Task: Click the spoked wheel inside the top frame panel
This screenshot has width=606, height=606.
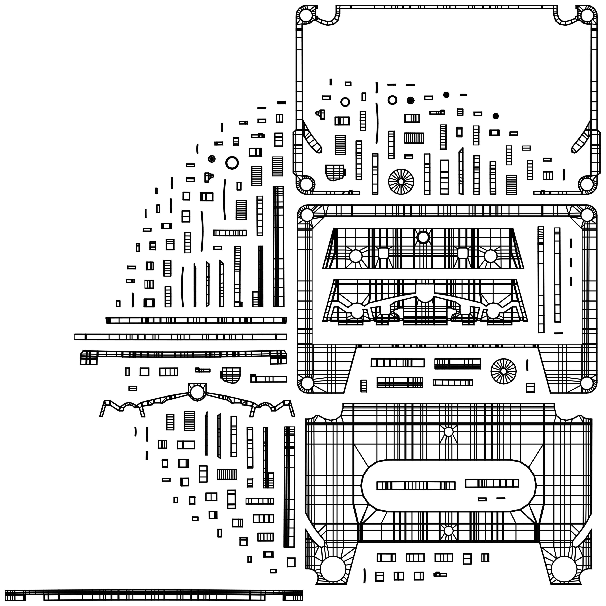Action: point(401,181)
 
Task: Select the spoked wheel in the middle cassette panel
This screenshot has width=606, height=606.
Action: point(503,371)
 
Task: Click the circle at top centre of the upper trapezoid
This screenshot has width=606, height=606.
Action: point(423,237)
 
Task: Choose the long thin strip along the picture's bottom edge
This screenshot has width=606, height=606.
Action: point(154,595)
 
